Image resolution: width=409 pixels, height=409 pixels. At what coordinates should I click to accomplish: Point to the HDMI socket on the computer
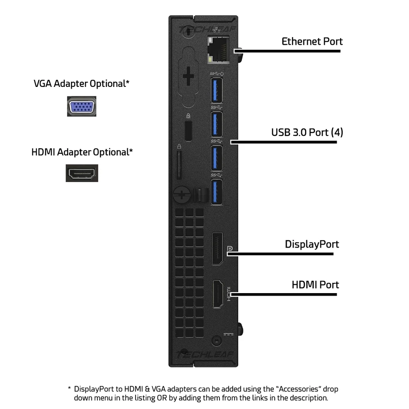click(x=218, y=294)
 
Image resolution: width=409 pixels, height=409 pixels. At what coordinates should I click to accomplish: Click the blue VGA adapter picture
click(x=81, y=107)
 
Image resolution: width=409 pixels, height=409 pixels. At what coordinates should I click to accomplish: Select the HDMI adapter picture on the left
click(x=82, y=173)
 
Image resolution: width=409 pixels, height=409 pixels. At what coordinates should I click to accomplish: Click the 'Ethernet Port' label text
click(x=312, y=41)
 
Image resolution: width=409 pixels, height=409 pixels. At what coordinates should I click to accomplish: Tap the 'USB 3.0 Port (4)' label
click(x=307, y=132)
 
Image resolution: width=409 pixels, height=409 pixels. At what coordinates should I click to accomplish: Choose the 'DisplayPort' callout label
click(x=312, y=244)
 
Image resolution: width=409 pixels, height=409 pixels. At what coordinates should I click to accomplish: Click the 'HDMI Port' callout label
click(x=315, y=285)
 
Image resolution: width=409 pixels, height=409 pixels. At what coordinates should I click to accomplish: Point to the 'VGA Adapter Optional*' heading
click(x=81, y=84)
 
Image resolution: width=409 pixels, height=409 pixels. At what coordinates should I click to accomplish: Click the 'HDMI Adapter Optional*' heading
click(x=82, y=152)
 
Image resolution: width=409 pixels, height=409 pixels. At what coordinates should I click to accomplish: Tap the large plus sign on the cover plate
click(x=188, y=78)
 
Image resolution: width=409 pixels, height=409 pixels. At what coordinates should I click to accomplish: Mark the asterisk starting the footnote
click(x=69, y=389)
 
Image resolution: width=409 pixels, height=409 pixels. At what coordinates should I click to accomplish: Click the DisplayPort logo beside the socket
click(x=230, y=248)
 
